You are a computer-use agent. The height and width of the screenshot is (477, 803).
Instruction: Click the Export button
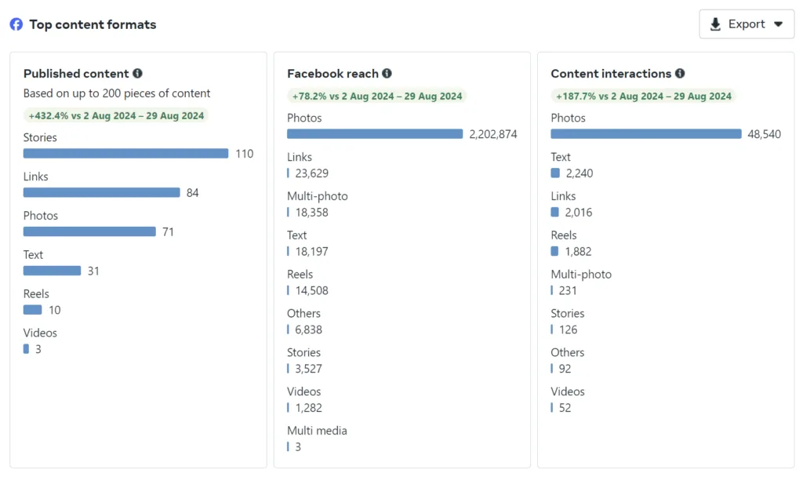click(746, 24)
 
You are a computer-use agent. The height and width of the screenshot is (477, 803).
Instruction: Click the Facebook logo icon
click(16, 24)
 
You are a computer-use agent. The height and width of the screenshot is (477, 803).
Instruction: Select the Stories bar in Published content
click(125, 154)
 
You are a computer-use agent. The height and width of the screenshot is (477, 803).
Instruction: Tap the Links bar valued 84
click(101, 192)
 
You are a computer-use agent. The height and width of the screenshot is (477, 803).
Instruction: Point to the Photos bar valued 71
click(89, 231)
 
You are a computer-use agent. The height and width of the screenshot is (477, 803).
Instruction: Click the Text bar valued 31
click(52, 271)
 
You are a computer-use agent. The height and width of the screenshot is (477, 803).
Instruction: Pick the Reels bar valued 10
click(32, 310)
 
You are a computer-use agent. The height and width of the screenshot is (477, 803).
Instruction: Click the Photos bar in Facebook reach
click(375, 134)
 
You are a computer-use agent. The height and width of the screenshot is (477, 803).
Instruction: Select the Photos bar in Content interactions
click(646, 134)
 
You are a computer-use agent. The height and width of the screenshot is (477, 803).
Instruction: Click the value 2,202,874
click(493, 134)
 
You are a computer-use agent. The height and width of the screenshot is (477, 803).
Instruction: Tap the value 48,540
click(764, 134)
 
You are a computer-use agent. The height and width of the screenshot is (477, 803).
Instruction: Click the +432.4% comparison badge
click(116, 115)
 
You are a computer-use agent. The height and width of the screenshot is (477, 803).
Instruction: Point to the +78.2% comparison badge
click(377, 96)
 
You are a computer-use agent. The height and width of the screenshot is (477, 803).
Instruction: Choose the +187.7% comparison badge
click(643, 96)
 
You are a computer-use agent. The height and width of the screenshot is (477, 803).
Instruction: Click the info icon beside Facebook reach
click(387, 74)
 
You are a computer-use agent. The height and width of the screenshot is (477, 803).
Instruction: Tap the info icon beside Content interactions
click(680, 74)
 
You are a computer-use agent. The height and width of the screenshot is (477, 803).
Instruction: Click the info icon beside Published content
click(137, 74)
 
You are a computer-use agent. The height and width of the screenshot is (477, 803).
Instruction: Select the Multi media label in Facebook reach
click(317, 431)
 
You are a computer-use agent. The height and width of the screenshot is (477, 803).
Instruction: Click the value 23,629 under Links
click(311, 173)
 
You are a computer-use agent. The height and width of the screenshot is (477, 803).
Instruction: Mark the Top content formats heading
click(93, 24)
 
